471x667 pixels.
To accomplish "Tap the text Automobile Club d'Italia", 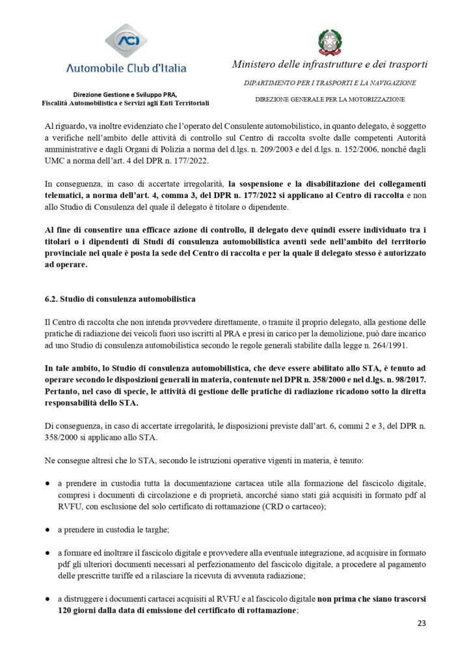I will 126,68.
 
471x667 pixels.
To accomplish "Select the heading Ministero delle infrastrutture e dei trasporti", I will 330,64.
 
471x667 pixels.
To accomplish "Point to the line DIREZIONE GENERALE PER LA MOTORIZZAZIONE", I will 330,99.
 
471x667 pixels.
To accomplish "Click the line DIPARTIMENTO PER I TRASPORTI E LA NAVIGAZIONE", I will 330,83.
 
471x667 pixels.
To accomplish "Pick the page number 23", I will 421,623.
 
